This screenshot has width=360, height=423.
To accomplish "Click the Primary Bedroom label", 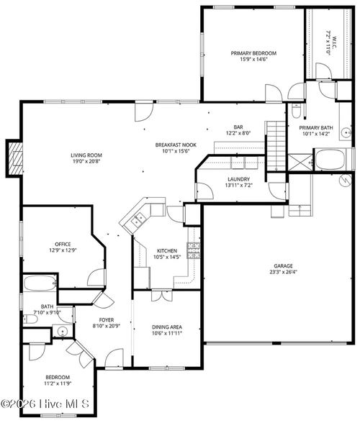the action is pos(253,53).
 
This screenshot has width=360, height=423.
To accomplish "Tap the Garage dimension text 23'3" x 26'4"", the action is pos(283,272).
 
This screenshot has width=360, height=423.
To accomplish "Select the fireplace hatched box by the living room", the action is pos(15,158).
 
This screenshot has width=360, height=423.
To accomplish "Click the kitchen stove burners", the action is pos(194,250).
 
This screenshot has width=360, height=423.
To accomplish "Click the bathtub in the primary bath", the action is pos(330,159).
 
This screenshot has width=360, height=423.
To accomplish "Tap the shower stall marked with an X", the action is pos(300,162).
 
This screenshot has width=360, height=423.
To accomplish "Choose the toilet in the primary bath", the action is pos(296,111).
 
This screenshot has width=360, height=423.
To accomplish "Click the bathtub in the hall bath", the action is pos(40,283).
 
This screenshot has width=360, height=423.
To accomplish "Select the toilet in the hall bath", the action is pos(30,319).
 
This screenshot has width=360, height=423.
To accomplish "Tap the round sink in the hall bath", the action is pos(63,331).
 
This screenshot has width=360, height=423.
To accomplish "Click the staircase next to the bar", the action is pos(276,145).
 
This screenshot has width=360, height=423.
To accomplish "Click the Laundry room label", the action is pos(239,179).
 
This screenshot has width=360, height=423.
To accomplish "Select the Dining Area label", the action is pos(167,327).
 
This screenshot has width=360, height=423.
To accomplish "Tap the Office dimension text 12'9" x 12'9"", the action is pos(63,250).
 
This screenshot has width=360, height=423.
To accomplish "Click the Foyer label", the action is pos(107,320).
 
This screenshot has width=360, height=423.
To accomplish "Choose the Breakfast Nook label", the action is pos(176,145).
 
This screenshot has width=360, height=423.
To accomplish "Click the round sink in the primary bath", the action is pos(346,132).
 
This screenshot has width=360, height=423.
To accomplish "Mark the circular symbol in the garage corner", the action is pos(345,181).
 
